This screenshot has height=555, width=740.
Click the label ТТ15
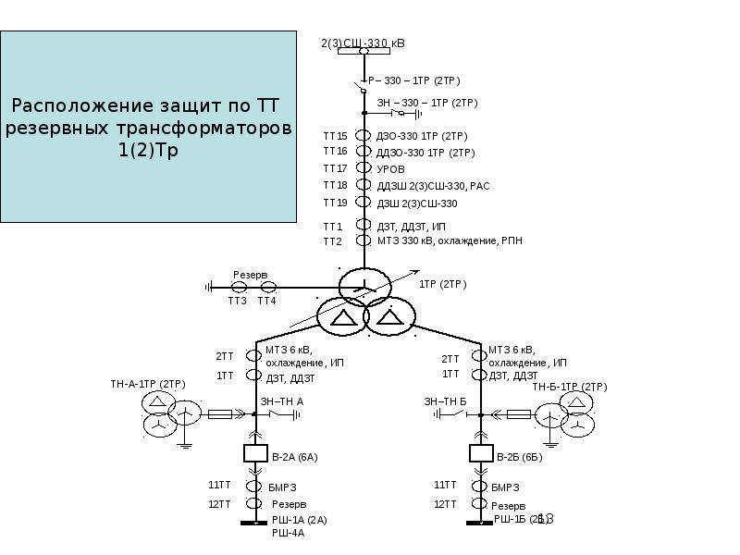[x=334, y=136]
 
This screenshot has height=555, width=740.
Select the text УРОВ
[x=390, y=169]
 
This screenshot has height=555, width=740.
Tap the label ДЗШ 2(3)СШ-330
[x=416, y=203]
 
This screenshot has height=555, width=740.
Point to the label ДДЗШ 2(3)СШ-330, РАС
[x=433, y=186]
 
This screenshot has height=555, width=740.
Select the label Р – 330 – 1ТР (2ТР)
[x=413, y=80]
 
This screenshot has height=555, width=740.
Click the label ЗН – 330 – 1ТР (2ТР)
[x=426, y=103]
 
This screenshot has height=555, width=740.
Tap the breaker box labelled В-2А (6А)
[x=254, y=454]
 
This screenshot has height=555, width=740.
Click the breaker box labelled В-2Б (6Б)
[x=481, y=454]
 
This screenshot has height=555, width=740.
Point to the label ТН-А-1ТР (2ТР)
[x=148, y=384]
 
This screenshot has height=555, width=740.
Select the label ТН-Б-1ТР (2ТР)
[x=569, y=387]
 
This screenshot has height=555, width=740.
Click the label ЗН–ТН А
[x=281, y=401]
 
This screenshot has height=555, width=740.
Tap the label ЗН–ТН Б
[x=445, y=401]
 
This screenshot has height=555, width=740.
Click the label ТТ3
[x=238, y=301]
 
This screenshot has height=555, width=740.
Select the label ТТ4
[x=266, y=301]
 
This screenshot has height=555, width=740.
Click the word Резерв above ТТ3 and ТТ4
[x=250, y=276]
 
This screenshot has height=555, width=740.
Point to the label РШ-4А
[x=288, y=533]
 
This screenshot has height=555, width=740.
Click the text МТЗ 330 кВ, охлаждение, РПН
[x=449, y=240]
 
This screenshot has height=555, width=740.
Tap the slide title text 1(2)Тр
[x=148, y=150]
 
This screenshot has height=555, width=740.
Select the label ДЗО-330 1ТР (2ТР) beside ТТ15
[x=421, y=136]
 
